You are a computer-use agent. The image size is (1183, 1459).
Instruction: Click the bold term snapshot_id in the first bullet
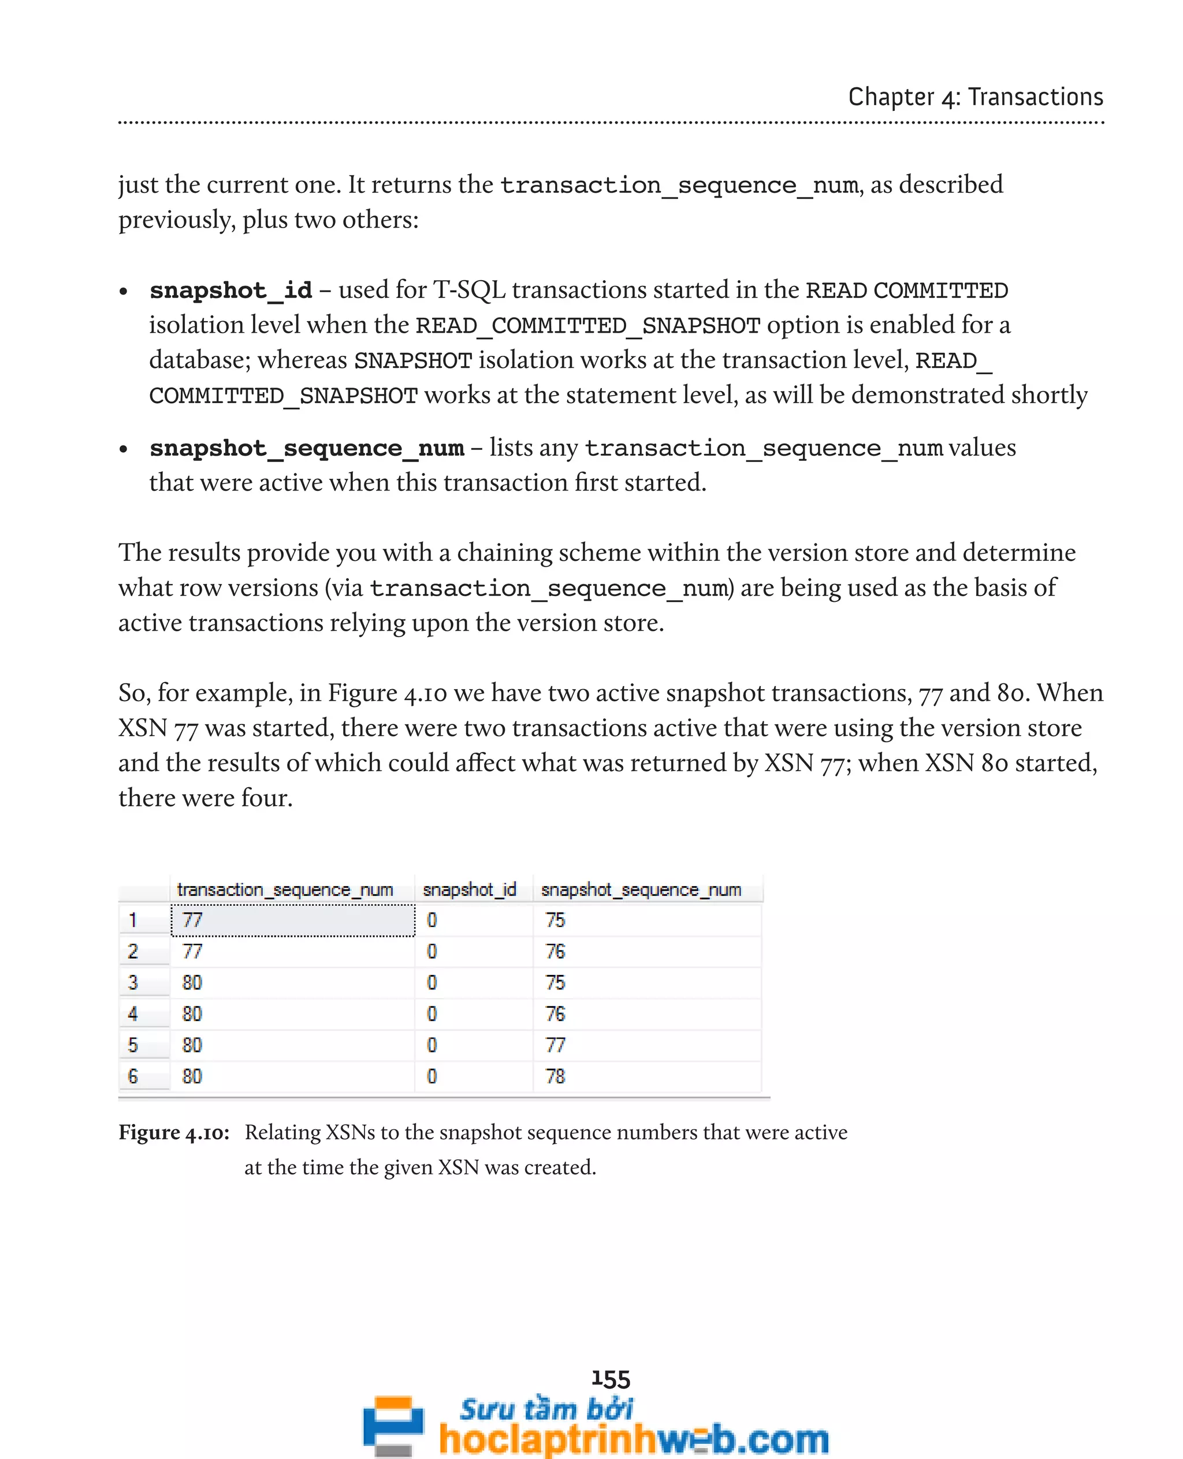point(230,291)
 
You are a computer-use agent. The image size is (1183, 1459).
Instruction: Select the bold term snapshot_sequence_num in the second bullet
point(307,448)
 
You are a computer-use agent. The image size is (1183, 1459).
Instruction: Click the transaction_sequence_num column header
point(285,889)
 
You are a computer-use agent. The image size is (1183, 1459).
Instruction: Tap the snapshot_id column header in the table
point(470,889)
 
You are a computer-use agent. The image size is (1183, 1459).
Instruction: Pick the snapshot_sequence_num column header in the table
point(641,889)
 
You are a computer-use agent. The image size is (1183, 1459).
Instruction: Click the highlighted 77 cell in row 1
point(292,920)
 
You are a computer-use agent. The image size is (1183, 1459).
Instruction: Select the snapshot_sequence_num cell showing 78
point(555,1076)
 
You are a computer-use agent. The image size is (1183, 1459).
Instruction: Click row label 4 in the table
point(133,1014)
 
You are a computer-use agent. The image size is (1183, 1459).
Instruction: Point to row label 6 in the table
point(133,1076)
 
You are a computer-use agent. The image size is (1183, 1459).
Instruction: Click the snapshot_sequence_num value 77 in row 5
point(555,1045)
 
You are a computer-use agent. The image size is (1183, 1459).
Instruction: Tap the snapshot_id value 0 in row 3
point(431,982)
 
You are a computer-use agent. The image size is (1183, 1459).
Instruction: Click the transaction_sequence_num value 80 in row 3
point(192,982)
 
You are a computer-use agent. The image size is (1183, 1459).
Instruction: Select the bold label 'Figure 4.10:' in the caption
point(174,1132)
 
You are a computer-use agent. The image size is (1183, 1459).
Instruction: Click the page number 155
point(611,1379)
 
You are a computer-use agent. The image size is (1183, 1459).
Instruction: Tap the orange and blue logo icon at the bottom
point(393,1424)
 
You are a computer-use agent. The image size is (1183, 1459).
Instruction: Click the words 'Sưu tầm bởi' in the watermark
point(546,1409)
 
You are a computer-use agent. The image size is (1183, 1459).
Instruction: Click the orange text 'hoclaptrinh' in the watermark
point(545,1439)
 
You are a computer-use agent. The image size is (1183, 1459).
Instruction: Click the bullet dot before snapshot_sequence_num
point(124,449)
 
